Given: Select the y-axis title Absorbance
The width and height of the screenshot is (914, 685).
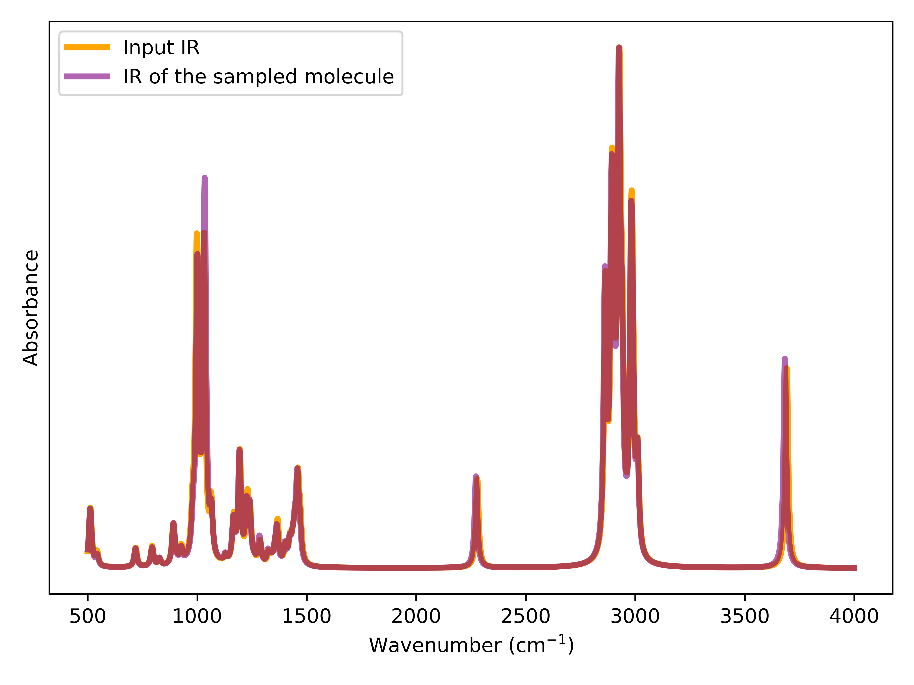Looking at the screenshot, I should pyautogui.click(x=31, y=308).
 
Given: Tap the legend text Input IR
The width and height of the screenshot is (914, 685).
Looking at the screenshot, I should pyautogui.click(x=161, y=47).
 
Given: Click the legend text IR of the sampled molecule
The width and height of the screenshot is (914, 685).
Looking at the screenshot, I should pyautogui.click(x=258, y=77).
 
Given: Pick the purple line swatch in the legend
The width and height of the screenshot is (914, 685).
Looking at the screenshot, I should pyautogui.click(x=87, y=76).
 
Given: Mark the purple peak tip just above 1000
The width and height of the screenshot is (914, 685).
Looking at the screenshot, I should pyautogui.click(x=205, y=177).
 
